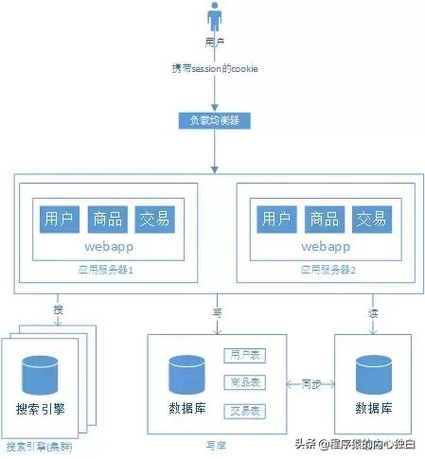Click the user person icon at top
pyautogui.click(x=216, y=19)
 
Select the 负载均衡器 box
pyautogui.click(x=216, y=121)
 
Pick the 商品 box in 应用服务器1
pyautogui.click(x=106, y=220)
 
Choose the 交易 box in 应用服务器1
pyautogui.click(x=152, y=220)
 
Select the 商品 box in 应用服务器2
pyautogui.click(x=323, y=220)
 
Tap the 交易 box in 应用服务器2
pyautogui.click(x=369, y=220)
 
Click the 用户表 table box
pyautogui.click(x=244, y=356)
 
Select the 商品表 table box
pyautogui.click(x=244, y=383)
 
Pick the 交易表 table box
pyautogui.click(x=244, y=411)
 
